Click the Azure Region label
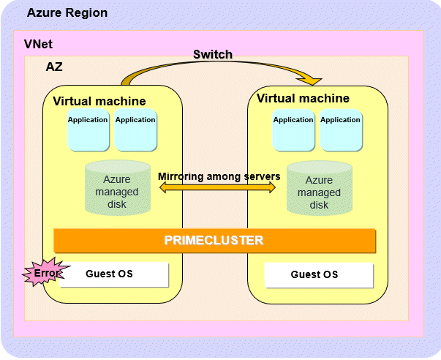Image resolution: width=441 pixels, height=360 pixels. click(x=67, y=13)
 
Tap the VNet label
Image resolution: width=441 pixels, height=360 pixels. click(x=38, y=45)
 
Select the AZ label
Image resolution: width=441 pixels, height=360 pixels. click(x=54, y=67)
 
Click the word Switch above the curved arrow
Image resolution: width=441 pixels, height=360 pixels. click(x=213, y=55)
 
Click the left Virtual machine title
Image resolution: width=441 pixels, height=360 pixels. click(x=99, y=101)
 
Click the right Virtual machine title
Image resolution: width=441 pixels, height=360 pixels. click(x=303, y=99)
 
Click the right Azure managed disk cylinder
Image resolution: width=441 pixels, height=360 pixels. click(x=319, y=190)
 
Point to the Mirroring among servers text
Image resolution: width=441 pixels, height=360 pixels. click(x=219, y=176)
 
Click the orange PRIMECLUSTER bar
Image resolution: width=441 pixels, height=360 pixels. click(x=214, y=240)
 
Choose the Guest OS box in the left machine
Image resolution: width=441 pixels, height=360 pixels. click(x=114, y=274)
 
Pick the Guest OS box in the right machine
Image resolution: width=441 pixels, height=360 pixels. click(x=318, y=275)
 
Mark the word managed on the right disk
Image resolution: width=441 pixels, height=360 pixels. click(x=319, y=192)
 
